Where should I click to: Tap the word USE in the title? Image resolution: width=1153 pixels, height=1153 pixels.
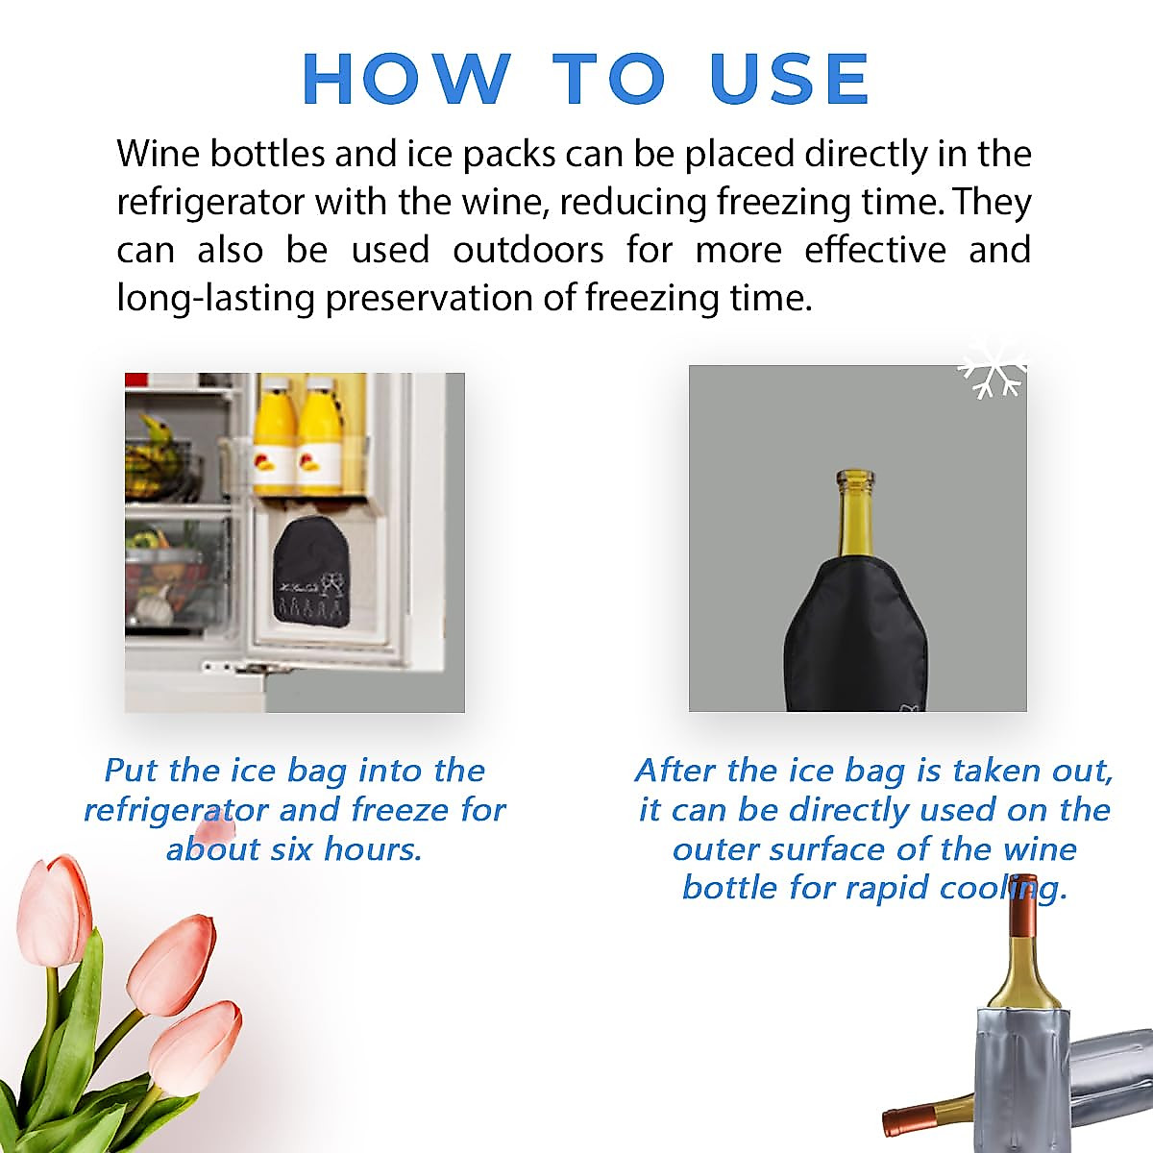tap(790, 79)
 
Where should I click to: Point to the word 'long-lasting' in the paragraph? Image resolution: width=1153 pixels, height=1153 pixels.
tap(216, 298)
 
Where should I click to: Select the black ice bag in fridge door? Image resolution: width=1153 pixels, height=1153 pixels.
tap(309, 572)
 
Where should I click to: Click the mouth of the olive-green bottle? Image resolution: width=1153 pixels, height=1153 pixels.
tap(854, 478)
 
